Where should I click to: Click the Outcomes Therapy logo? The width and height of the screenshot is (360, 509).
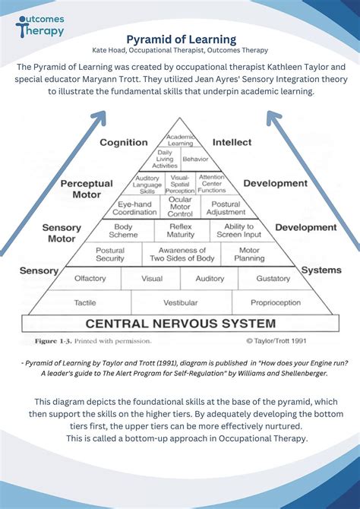pos(39,24)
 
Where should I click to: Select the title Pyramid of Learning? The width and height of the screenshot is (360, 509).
pos(180,39)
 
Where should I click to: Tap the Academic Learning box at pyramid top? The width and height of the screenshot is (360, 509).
pos(180,140)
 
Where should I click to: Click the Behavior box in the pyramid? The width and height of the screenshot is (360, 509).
pos(195,160)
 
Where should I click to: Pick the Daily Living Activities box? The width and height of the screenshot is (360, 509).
pos(165,160)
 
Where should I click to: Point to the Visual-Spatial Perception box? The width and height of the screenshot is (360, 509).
pos(180,183)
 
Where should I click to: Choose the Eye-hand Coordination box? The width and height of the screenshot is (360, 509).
pos(134,207)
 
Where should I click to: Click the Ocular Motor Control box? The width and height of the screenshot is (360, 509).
pos(180,207)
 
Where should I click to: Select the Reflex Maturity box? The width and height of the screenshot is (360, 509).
pos(181,231)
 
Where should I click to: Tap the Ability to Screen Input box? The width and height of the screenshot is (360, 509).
pos(237,231)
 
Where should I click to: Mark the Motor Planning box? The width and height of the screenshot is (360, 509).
pos(249,254)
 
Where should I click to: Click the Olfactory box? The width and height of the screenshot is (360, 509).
pos(90,279)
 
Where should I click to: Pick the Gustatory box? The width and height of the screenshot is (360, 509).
pos(273,279)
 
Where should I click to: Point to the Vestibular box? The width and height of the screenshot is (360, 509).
pos(180,302)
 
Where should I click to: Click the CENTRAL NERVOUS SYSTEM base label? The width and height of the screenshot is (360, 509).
pos(180,324)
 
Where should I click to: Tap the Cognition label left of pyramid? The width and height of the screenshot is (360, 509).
pos(123,142)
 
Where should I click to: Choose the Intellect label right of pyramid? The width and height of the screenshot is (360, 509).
pos(232,142)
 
